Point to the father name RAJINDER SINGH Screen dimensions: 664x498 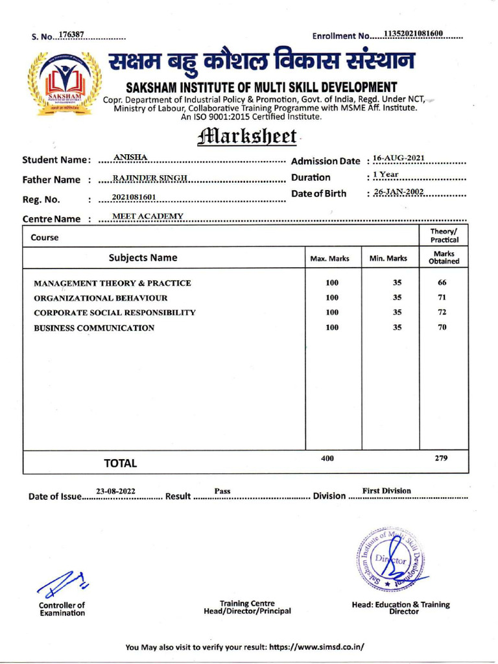(150, 177)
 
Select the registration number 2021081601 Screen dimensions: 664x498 (134, 197)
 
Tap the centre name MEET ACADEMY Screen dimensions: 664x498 (148, 215)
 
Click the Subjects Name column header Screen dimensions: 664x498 (143, 257)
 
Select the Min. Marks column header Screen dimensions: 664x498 (388, 258)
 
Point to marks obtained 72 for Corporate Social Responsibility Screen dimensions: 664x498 (442, 312)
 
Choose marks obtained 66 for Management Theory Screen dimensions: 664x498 (442, 283)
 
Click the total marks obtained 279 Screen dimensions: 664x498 (441, 458)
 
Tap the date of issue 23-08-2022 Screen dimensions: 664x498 (115, 492)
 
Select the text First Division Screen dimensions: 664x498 (386, 491)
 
